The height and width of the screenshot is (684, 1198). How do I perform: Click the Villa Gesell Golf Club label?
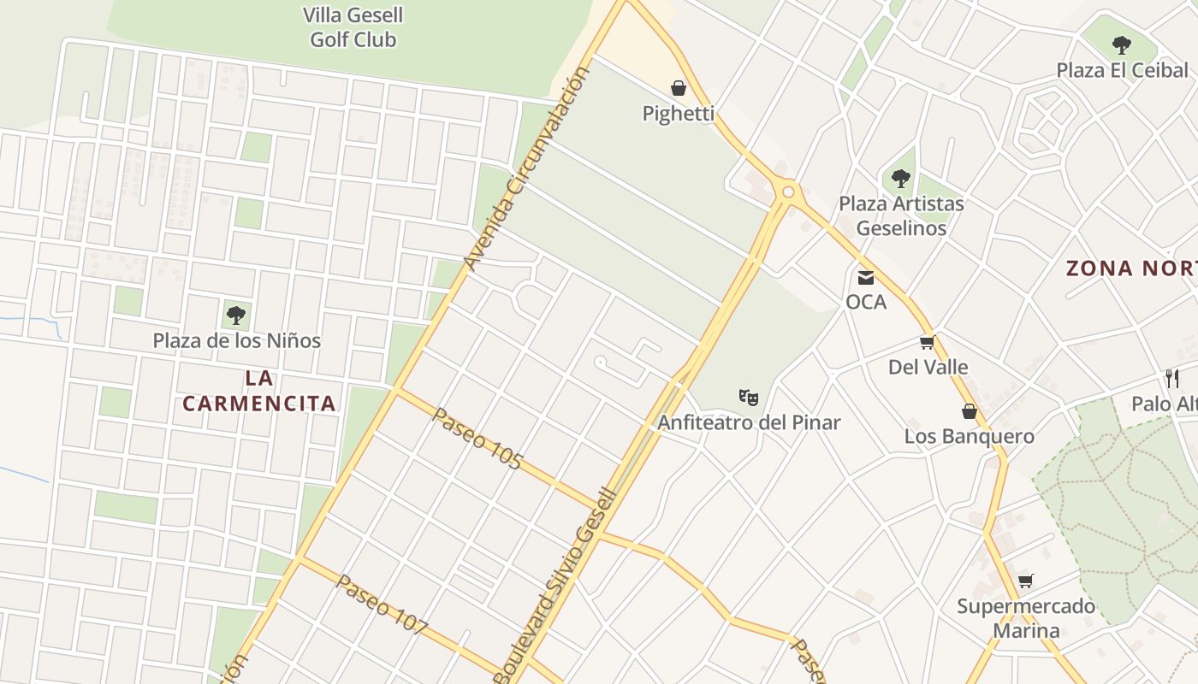tap(353, 27)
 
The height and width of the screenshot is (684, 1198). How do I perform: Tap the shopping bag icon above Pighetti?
tap(679, 88)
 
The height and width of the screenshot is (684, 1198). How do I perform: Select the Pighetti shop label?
tap(679, 113)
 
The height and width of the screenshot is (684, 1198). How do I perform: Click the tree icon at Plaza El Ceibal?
tap(1121, 45)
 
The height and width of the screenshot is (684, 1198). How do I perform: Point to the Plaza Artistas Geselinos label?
tap(901, 215)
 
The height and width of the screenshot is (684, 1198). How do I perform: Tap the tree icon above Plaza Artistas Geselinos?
tap(900, 179)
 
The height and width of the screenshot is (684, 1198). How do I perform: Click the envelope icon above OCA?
tap(866, 277)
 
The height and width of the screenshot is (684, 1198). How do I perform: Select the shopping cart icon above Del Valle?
tap(927, 343)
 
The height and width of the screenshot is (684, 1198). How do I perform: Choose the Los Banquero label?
tap(969, 436)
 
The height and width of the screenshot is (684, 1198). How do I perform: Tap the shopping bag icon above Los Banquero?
tap(969, 411)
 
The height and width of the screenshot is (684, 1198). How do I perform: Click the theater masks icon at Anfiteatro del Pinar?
tap(749, 397)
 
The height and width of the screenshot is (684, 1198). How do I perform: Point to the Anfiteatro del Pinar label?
tap(749, 422)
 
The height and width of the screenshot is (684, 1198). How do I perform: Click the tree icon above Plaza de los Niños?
tap(236, 315)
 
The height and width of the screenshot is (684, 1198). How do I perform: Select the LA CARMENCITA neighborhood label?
tap(258, 390)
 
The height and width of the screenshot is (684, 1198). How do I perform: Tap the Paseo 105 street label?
tap(477, 439)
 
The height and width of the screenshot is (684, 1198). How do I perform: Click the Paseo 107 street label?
tap(382, 604)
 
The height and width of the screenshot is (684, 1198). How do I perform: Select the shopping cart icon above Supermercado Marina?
tap(1025, 581)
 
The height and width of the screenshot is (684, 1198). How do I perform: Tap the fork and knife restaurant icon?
tap(1172, 378)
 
